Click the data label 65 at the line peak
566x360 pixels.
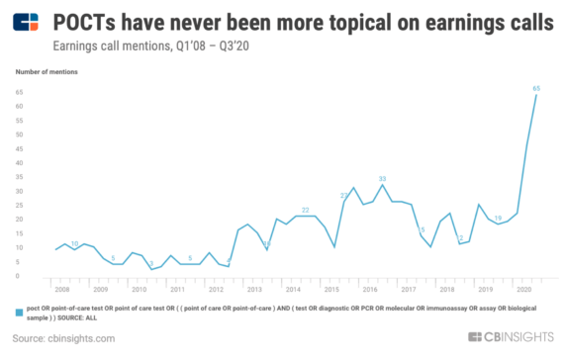click(536, 89)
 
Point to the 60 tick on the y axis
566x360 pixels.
click(20, 106)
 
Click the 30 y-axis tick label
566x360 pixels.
click(20, 191)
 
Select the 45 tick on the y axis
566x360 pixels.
click(20, 148)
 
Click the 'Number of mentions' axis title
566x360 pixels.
click(47, 73)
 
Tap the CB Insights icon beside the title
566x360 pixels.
click(30, 22)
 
